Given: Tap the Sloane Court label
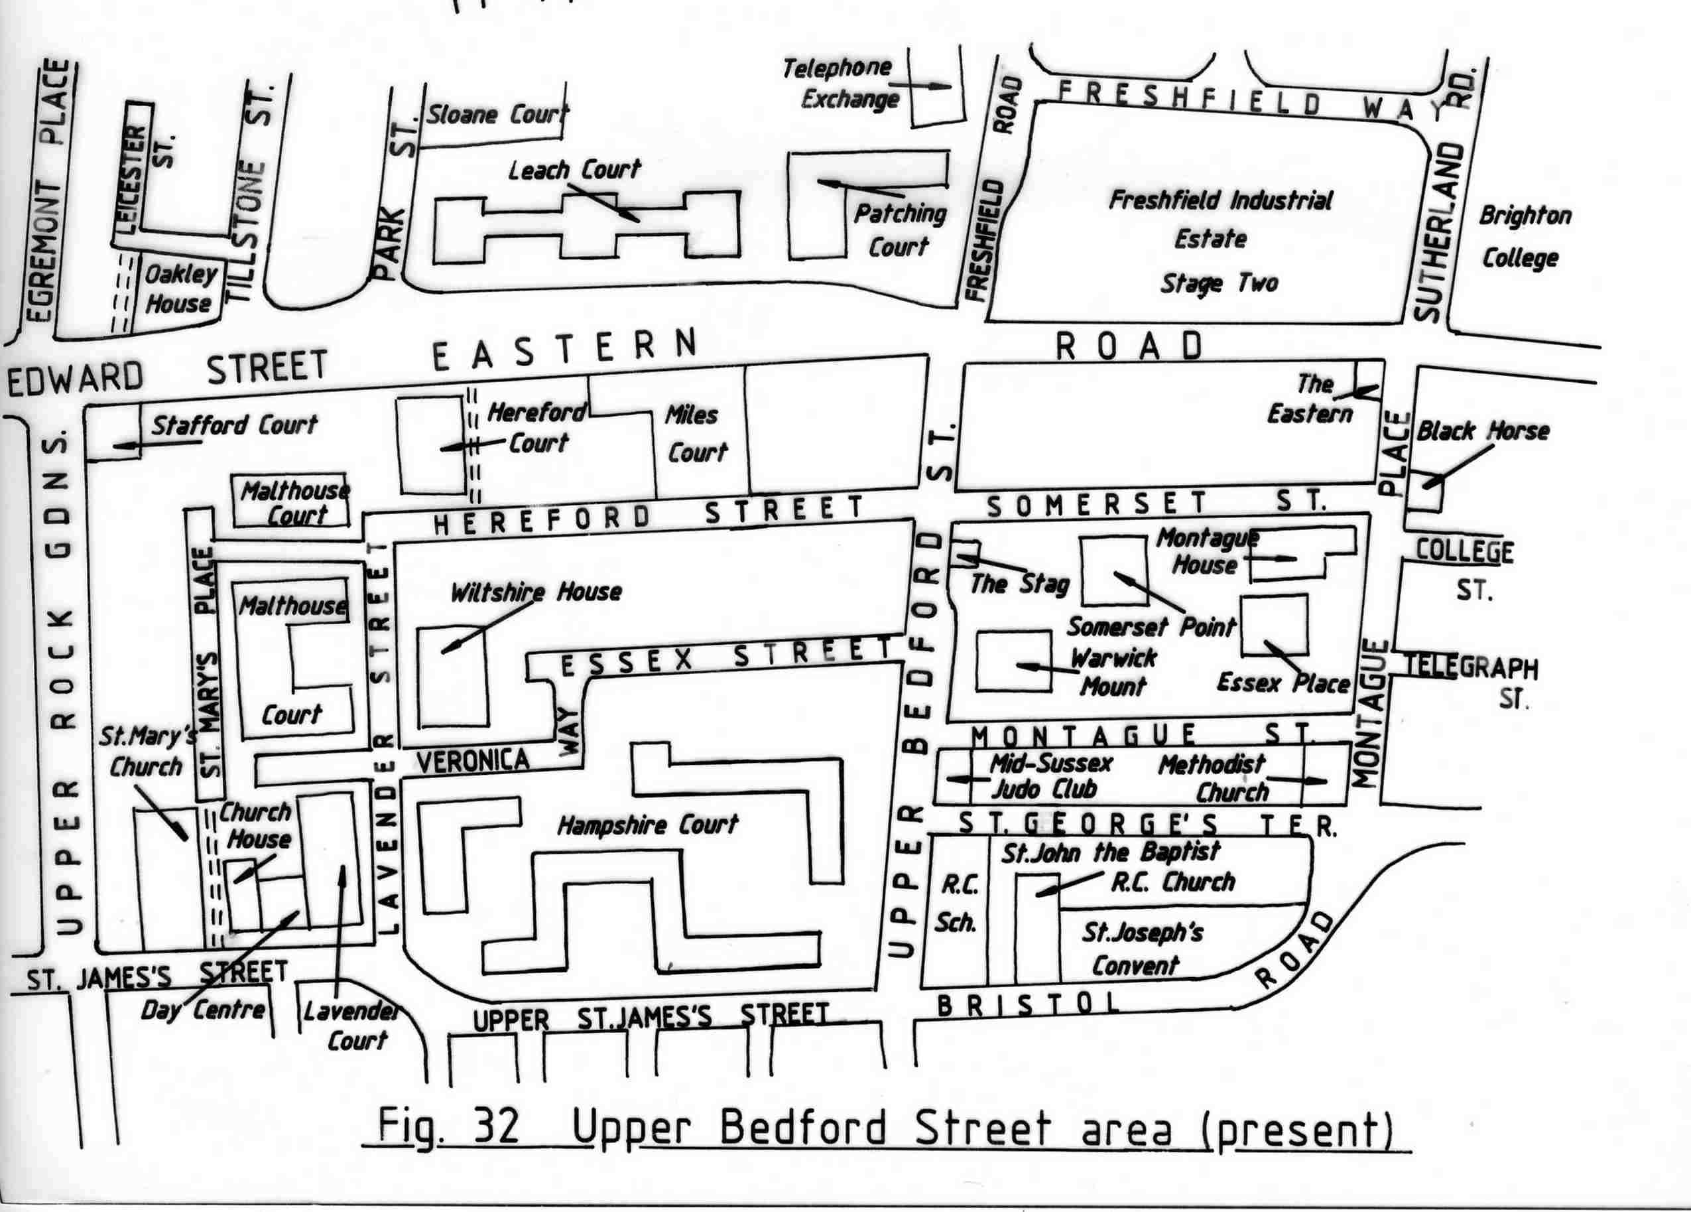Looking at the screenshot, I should coord(496,114).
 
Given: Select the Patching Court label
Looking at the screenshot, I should coord(899,230).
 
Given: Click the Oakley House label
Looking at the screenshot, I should coord(179,289).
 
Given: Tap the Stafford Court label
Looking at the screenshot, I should coord(234,425).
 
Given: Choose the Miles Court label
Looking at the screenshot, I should coord(695,433).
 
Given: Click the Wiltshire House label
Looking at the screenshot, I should coord(535,592).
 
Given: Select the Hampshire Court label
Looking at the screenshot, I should coord(647,824).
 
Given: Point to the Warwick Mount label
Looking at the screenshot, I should coord(1113,671).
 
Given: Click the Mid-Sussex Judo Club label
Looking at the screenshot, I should coord(1049,775).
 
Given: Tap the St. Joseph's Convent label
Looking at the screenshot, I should coord(1141,948).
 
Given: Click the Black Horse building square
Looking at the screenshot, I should coord(1423,494).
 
